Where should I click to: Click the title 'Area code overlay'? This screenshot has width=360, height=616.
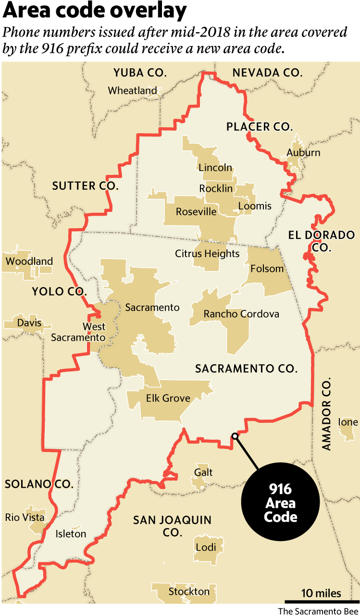[94, 11]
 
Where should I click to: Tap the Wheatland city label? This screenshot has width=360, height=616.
[132, 90]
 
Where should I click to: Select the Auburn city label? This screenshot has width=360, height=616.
[303, 153]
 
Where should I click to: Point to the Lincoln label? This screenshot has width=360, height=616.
[215, 168]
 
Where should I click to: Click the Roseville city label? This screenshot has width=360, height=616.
[196, 212]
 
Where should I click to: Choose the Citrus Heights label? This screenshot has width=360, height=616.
[207, 253]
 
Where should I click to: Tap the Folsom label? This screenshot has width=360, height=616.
[267, 269]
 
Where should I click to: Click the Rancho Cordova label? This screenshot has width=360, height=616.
[241, 314]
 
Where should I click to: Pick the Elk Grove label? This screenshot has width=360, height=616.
[168, 398]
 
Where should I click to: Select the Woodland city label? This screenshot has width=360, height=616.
[29, 262]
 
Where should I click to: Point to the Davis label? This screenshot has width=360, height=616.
[29, 323]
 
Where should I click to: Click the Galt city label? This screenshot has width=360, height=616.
[204, 472]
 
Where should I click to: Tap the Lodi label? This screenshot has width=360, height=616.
[206, 547]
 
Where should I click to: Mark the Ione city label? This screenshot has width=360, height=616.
[348, 422]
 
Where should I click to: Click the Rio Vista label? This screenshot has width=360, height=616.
[25, 517]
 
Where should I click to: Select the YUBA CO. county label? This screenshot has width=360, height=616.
[140, 73]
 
